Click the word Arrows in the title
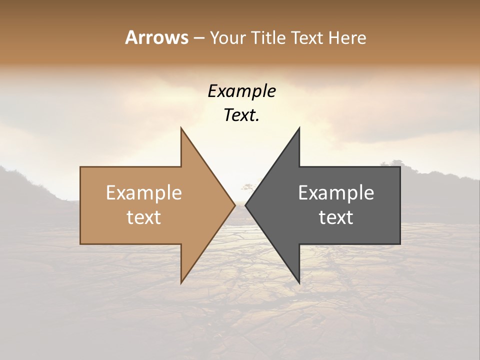point(156,37)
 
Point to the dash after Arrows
point(198,38)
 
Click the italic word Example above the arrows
point(241,91)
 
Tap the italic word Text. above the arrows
point(241,115)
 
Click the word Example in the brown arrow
point(144,192)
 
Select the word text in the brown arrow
point(144,217)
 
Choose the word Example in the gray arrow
point(336,192)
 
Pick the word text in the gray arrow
point(336,217)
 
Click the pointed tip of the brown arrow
point(235,205)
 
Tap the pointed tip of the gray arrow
point(245,205)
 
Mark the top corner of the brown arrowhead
point(181,127)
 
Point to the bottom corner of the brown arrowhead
point(181,283)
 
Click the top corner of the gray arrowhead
point(299,127)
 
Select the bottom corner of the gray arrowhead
point(299,283)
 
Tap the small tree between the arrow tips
point(246,187)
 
